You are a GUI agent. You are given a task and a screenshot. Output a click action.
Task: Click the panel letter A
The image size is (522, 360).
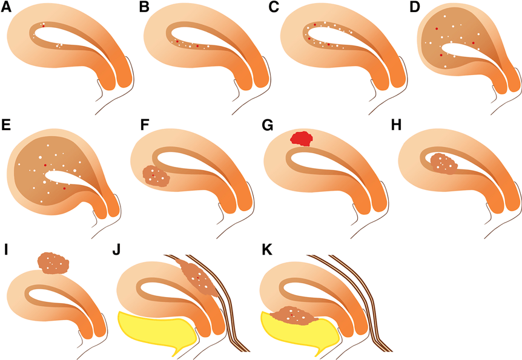pos(6,7)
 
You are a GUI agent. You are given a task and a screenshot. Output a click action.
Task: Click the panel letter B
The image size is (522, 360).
pos(144,7)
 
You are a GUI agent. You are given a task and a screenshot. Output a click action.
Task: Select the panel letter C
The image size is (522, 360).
pos(274,7)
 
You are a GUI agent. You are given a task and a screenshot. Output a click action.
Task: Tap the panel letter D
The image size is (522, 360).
pos(415,7)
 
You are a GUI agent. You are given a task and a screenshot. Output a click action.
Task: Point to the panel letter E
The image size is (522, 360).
pos(5,125)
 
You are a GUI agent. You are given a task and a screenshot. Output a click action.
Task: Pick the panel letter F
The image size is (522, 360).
pos(144,125)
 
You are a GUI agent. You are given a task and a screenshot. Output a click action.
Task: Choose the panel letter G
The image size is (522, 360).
pos(268,125)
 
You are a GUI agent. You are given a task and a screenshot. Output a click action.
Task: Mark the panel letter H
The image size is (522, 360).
pos(397,125)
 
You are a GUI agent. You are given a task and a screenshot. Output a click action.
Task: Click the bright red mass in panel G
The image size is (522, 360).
pos(302,138)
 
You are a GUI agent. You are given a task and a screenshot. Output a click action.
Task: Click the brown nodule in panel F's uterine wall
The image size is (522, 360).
pos(156,176)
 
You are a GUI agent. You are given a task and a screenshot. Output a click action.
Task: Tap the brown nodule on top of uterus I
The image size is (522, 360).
pos(53,263)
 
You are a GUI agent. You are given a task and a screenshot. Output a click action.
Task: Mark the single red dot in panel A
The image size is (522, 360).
pos(43,26)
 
